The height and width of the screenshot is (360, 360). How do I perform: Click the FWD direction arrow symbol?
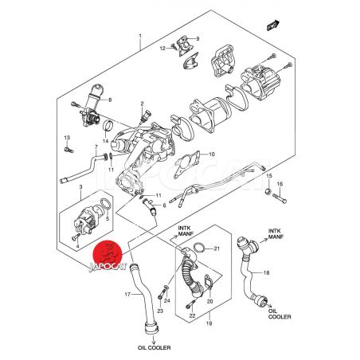[x=273, y=25]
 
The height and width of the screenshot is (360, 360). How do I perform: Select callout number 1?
[x=140, y=36]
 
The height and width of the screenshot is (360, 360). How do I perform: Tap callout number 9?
[x=198, y=39]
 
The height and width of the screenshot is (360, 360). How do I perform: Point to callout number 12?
[x=162, y=48]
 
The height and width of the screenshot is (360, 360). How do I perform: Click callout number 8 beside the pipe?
[x=110, y=100]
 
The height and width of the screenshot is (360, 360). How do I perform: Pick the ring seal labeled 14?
[x=108, y=126]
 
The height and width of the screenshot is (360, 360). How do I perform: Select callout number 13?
[x=67, y=138]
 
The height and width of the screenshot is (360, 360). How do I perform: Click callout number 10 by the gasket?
[x=212, y=154]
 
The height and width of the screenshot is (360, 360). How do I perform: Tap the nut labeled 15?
[x=268, y=191]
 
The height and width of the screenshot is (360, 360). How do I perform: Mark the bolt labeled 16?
[x=280, y=198]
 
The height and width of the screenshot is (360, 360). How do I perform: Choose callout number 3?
[x=81, y=186]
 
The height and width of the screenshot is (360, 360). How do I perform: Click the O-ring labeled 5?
[x=106, y=205]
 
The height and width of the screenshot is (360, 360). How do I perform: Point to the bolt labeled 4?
[x=76, y=237]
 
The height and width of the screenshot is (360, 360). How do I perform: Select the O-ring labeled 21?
[x=199, y=248]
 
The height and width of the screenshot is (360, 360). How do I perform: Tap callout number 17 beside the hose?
[x=128, y=294]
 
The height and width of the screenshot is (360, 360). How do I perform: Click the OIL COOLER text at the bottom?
[x=155, y=347]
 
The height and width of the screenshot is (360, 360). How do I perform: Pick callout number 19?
[x=209, y=323]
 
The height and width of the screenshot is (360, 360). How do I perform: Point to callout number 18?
[x=266, y=272]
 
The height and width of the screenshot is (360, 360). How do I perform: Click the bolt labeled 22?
[x=190, y=304]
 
